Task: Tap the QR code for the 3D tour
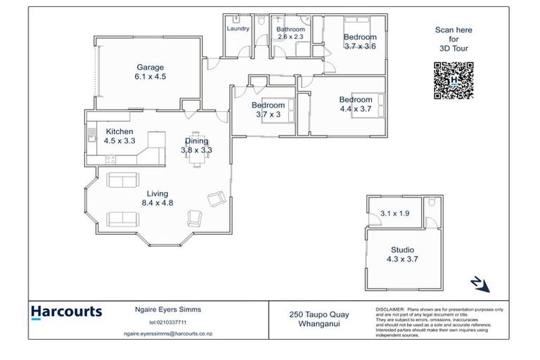[x=454, y=81]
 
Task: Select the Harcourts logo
[x=67, y=312]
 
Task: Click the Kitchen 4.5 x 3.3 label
[x=120, y=136]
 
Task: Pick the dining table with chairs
[x=197, y=158]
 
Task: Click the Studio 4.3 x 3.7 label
[x=403, y=255]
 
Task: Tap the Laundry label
[x=238, y=29]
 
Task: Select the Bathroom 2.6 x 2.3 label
[x=291, y=32]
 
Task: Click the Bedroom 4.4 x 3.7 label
[x=355, y=104]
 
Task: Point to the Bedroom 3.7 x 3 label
[x=268, y=110]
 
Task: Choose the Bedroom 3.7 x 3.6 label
[x=360, y=41]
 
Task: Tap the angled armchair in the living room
[x=215, y=200]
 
